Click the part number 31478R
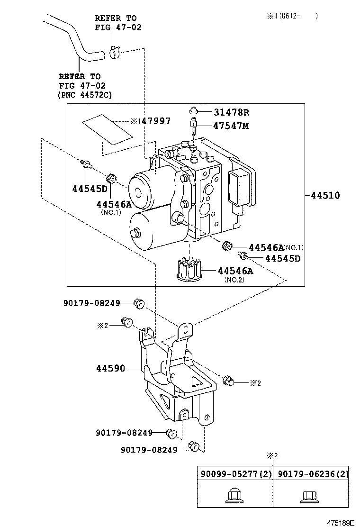(x=231, y=112)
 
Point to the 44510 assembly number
(x=325, y=195)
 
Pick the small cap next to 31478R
(x=193, y=111)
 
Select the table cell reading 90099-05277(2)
(x=235, y=473)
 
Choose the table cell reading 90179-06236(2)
(x=311, y=473)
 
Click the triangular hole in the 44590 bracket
(x=195, y=381)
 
